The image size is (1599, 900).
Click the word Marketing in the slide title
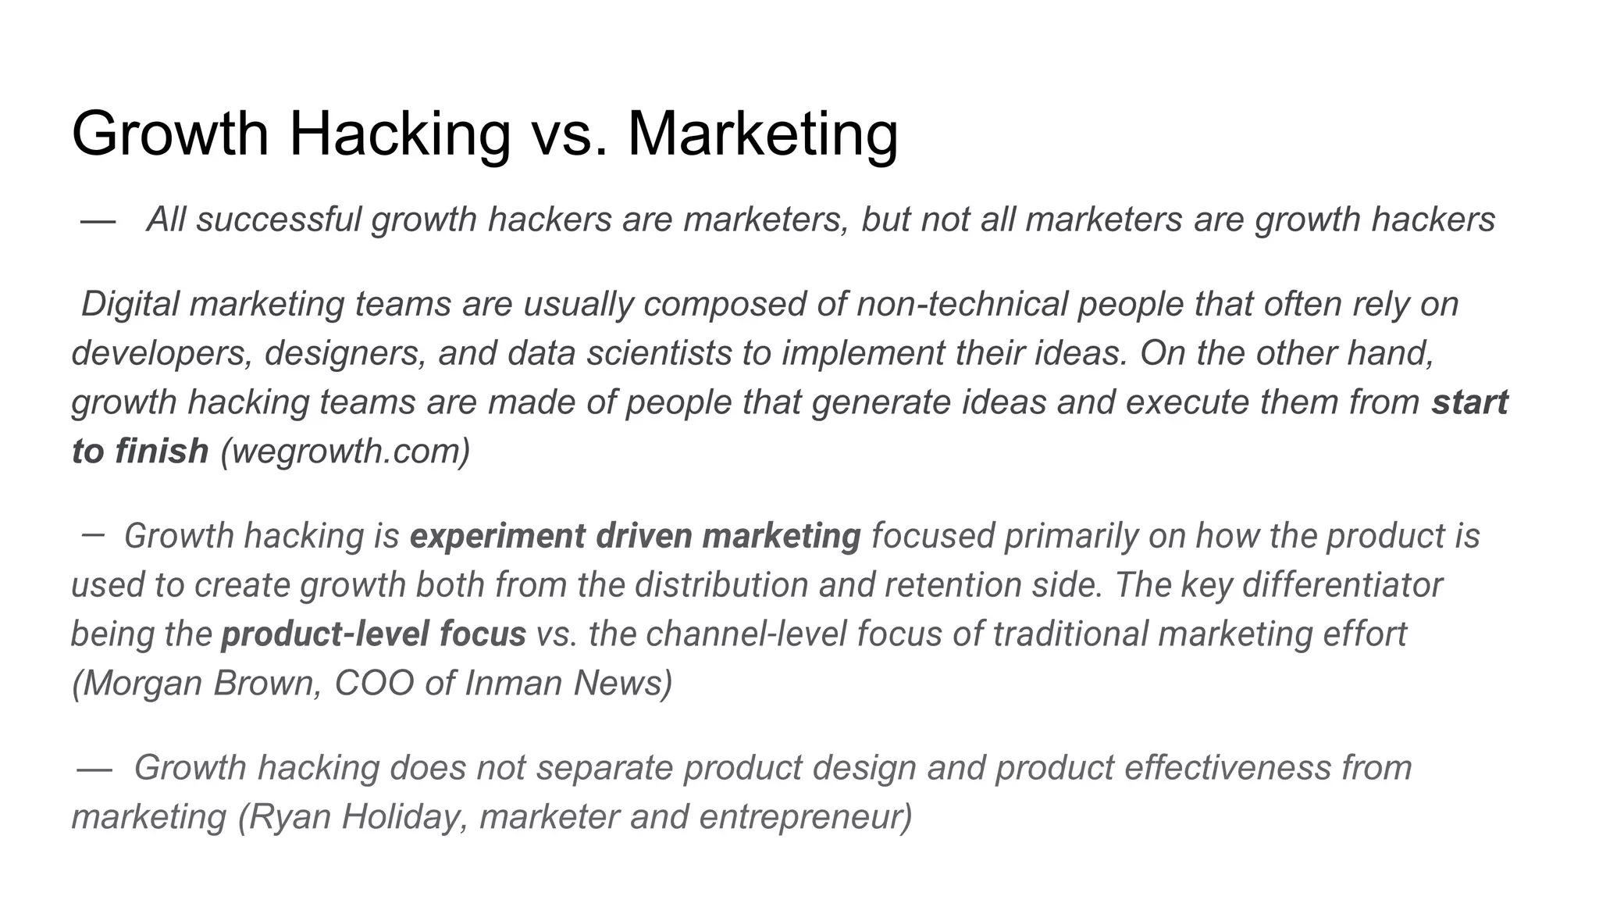pos(762,134)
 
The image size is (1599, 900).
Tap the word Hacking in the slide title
pos(400,134)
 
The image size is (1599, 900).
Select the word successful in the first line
pos(278,220)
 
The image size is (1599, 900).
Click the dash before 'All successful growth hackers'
pos(98,221)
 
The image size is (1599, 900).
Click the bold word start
pos(1469,402)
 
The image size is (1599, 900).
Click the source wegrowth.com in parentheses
pos(345,452)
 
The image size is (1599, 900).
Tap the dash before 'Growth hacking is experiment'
pos(92,535)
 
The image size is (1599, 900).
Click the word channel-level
pos(746,634)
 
